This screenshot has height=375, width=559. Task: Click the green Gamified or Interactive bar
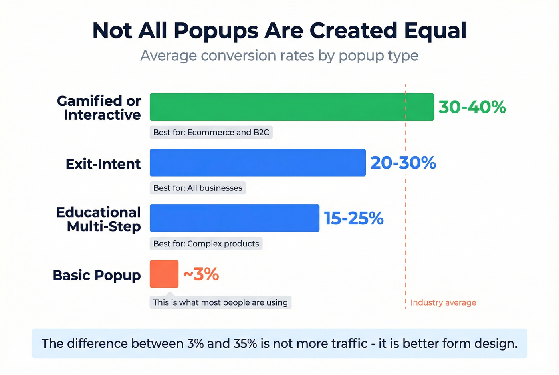291,107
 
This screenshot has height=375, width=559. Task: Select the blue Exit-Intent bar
258,163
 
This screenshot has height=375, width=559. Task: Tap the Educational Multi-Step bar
234,218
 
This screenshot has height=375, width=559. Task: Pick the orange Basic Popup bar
164,274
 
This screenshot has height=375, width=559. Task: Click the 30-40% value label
472,107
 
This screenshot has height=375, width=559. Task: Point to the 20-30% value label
403,163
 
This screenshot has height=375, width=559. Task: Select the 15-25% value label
353,218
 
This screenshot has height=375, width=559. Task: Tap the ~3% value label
201,274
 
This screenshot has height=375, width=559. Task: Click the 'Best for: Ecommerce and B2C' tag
211,132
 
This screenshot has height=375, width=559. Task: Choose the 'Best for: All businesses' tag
198,188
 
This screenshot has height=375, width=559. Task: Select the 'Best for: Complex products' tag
206,244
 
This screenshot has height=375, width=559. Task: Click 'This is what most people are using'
220,302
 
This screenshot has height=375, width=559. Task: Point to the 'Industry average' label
443,302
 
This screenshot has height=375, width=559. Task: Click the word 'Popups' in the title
216,31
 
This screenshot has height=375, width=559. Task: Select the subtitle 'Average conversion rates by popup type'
279,56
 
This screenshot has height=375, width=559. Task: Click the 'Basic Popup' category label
97,275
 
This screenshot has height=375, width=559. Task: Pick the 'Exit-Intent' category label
103,164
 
